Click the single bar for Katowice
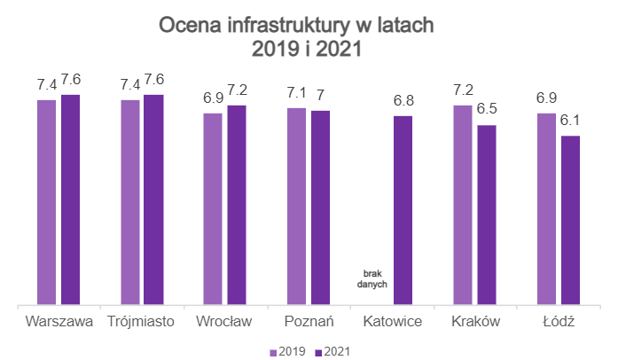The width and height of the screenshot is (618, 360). pos(403,210)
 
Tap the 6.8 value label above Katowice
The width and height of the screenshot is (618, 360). pos(403,101)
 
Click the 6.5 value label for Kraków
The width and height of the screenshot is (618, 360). pos(487,110)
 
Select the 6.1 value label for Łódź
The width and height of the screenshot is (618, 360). pos(570,121)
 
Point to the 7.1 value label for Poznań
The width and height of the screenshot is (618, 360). pos(296,92)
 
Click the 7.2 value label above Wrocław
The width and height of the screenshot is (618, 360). pos(237,90)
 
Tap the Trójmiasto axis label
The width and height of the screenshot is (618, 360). pos(142,320)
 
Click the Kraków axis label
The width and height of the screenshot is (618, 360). pos(475,320)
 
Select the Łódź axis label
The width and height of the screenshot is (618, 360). pos(558,320)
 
